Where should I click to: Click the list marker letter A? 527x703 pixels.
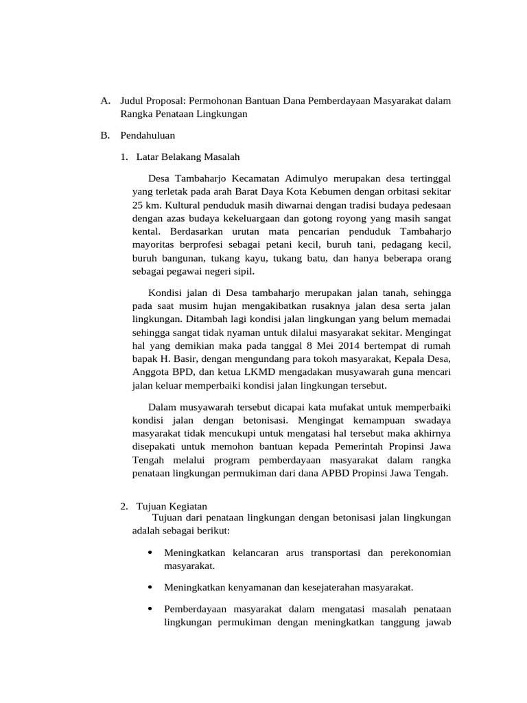(104, 102)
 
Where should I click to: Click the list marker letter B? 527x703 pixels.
(104, 136)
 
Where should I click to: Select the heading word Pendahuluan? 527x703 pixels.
(148, 136)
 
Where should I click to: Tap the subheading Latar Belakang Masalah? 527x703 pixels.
(188, 157)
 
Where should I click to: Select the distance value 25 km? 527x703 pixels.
(145, 205)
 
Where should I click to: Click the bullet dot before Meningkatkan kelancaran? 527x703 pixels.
(150, 553)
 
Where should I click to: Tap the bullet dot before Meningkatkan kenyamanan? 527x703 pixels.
(150, 587)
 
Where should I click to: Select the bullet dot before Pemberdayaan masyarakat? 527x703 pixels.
(150, 609)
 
